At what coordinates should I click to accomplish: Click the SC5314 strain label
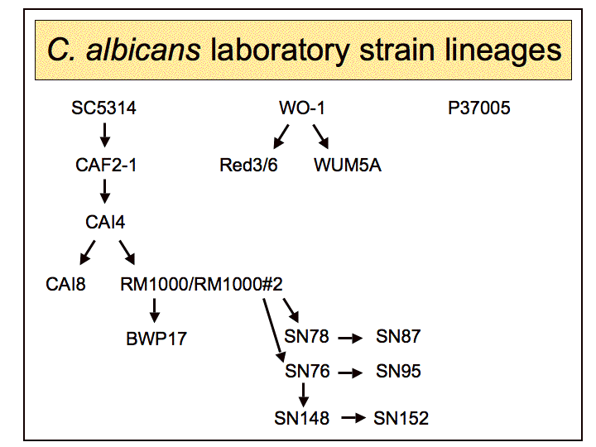coord(103,108)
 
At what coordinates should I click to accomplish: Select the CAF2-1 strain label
coord(106,165)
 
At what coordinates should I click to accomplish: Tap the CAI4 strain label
coord(105,222)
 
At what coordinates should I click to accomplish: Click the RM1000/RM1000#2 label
coord(202,284)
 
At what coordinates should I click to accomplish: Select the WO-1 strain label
coord(308,108)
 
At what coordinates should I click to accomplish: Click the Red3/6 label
coord(248,165)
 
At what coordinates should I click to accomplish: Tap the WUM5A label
coord(348,165)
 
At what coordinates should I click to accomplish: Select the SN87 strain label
coord(398,337)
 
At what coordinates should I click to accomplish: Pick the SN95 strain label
coord(398,372)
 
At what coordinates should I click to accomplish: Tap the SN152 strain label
coord(401,419)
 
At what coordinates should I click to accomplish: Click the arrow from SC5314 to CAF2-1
coord(105,136)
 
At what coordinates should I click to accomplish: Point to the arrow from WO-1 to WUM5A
coord(323,136)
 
